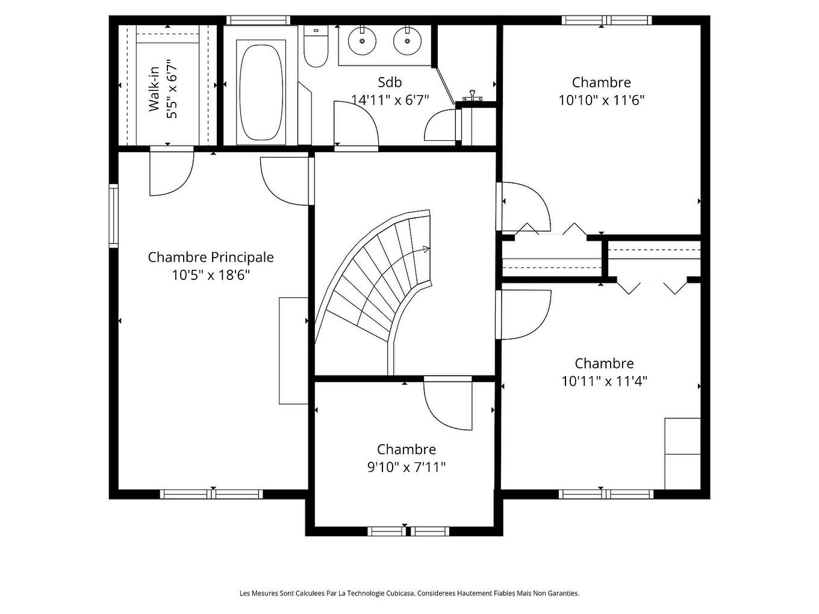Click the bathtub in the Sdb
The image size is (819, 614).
(x=261, y=91)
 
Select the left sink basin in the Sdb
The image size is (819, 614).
(x=362, y=41)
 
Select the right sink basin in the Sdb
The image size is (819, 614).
(x=407, y=41)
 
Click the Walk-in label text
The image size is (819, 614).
(x=154, y=89)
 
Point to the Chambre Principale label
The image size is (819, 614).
(x=211, y=257)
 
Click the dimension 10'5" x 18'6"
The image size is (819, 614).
(x=211, y=275)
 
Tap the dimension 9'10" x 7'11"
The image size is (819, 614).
(x=406, y=467)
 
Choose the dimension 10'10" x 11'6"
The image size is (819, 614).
(x=602, y=100)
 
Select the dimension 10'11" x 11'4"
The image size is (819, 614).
(x=604, y=381)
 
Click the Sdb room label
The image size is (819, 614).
(x=390, y=82)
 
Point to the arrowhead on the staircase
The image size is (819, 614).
(x=426, y=249)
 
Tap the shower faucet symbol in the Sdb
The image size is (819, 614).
(x=472, y=95)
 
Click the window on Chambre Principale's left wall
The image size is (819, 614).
(x=113, y=216)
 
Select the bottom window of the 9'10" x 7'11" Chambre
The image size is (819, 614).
(x=408, y=531)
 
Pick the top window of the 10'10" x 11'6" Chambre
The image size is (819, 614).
(x=606, y=20)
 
